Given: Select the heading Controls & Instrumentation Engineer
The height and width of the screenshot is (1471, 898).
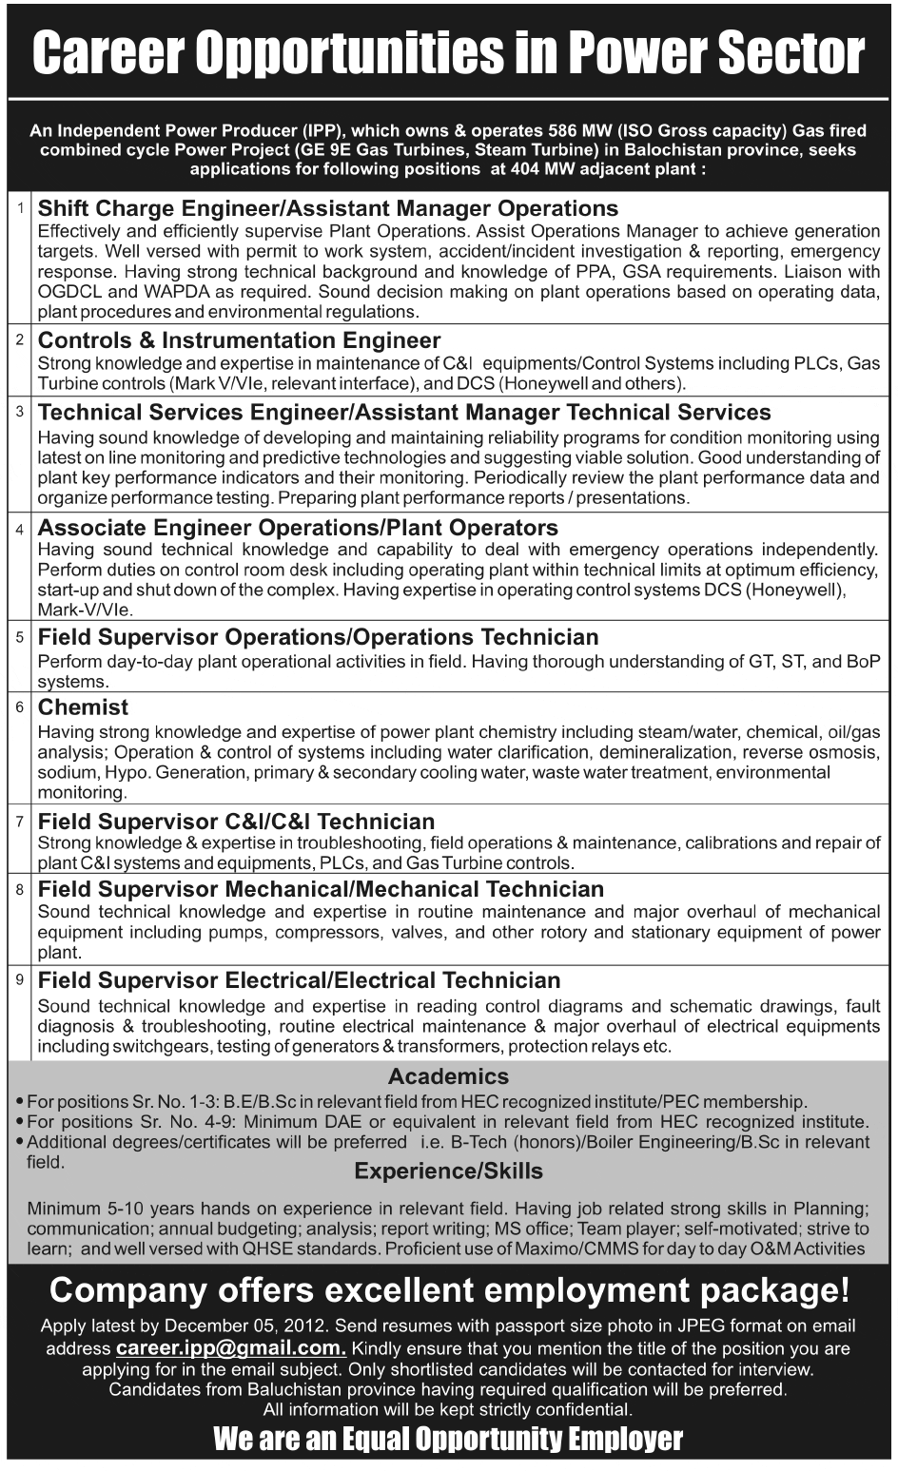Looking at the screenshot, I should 239,340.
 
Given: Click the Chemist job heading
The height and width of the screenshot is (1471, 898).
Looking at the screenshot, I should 83,707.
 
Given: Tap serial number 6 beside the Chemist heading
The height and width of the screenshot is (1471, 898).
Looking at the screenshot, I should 19,707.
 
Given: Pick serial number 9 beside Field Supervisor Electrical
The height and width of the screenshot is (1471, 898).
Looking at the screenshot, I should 19,979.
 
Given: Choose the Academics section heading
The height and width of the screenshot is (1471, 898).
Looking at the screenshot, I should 448,1076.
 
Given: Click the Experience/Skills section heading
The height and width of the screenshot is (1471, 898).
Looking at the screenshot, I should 448,1171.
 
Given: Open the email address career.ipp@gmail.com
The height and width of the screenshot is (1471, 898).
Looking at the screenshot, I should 230,1348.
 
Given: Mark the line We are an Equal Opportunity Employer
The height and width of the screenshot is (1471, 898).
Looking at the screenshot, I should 448,1439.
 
